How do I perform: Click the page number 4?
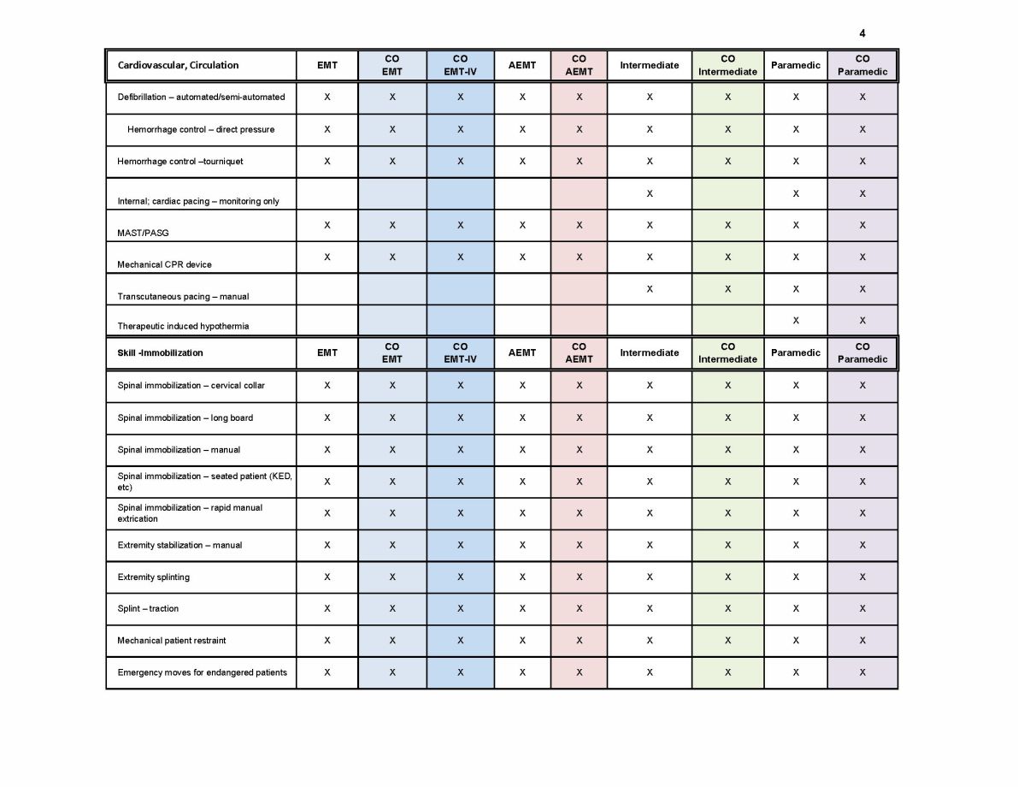pos(862,33)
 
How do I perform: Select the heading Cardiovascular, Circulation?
pos(179,65)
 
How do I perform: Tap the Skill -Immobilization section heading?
pos(161,352)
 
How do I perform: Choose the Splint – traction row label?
pos(148,608)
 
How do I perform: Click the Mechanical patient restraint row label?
pos(172,640)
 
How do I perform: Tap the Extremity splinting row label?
pos(154,577)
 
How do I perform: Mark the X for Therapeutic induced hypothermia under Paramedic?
pos(796,320)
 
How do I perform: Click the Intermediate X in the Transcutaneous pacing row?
pos(650,289)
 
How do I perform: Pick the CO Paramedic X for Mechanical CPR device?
pos(862,257)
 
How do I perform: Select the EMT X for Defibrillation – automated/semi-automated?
pos(327,97)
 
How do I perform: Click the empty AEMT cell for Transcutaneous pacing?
pos(522,289)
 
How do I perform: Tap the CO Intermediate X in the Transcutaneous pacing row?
pos(727,289)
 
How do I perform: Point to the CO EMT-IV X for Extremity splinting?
pos(460,577)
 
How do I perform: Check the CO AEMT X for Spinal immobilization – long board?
pos(579,417)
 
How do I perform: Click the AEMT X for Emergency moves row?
pos(522,672)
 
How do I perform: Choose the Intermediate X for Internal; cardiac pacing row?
pos(650,193)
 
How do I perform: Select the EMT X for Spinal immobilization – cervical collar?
pos(327,385)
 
